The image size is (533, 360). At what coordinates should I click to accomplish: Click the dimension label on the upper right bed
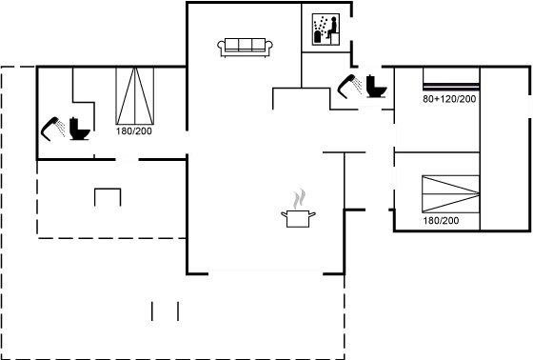pyautogui.click(x=449, y=98)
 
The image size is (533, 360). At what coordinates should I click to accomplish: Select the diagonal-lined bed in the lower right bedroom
pyautogui.click(x=447, y=194)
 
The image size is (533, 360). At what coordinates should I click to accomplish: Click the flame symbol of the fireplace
pyautogui.click(x=299, y=201)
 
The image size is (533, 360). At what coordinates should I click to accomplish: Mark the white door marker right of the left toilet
pyautogui.click(x=93, y=143)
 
